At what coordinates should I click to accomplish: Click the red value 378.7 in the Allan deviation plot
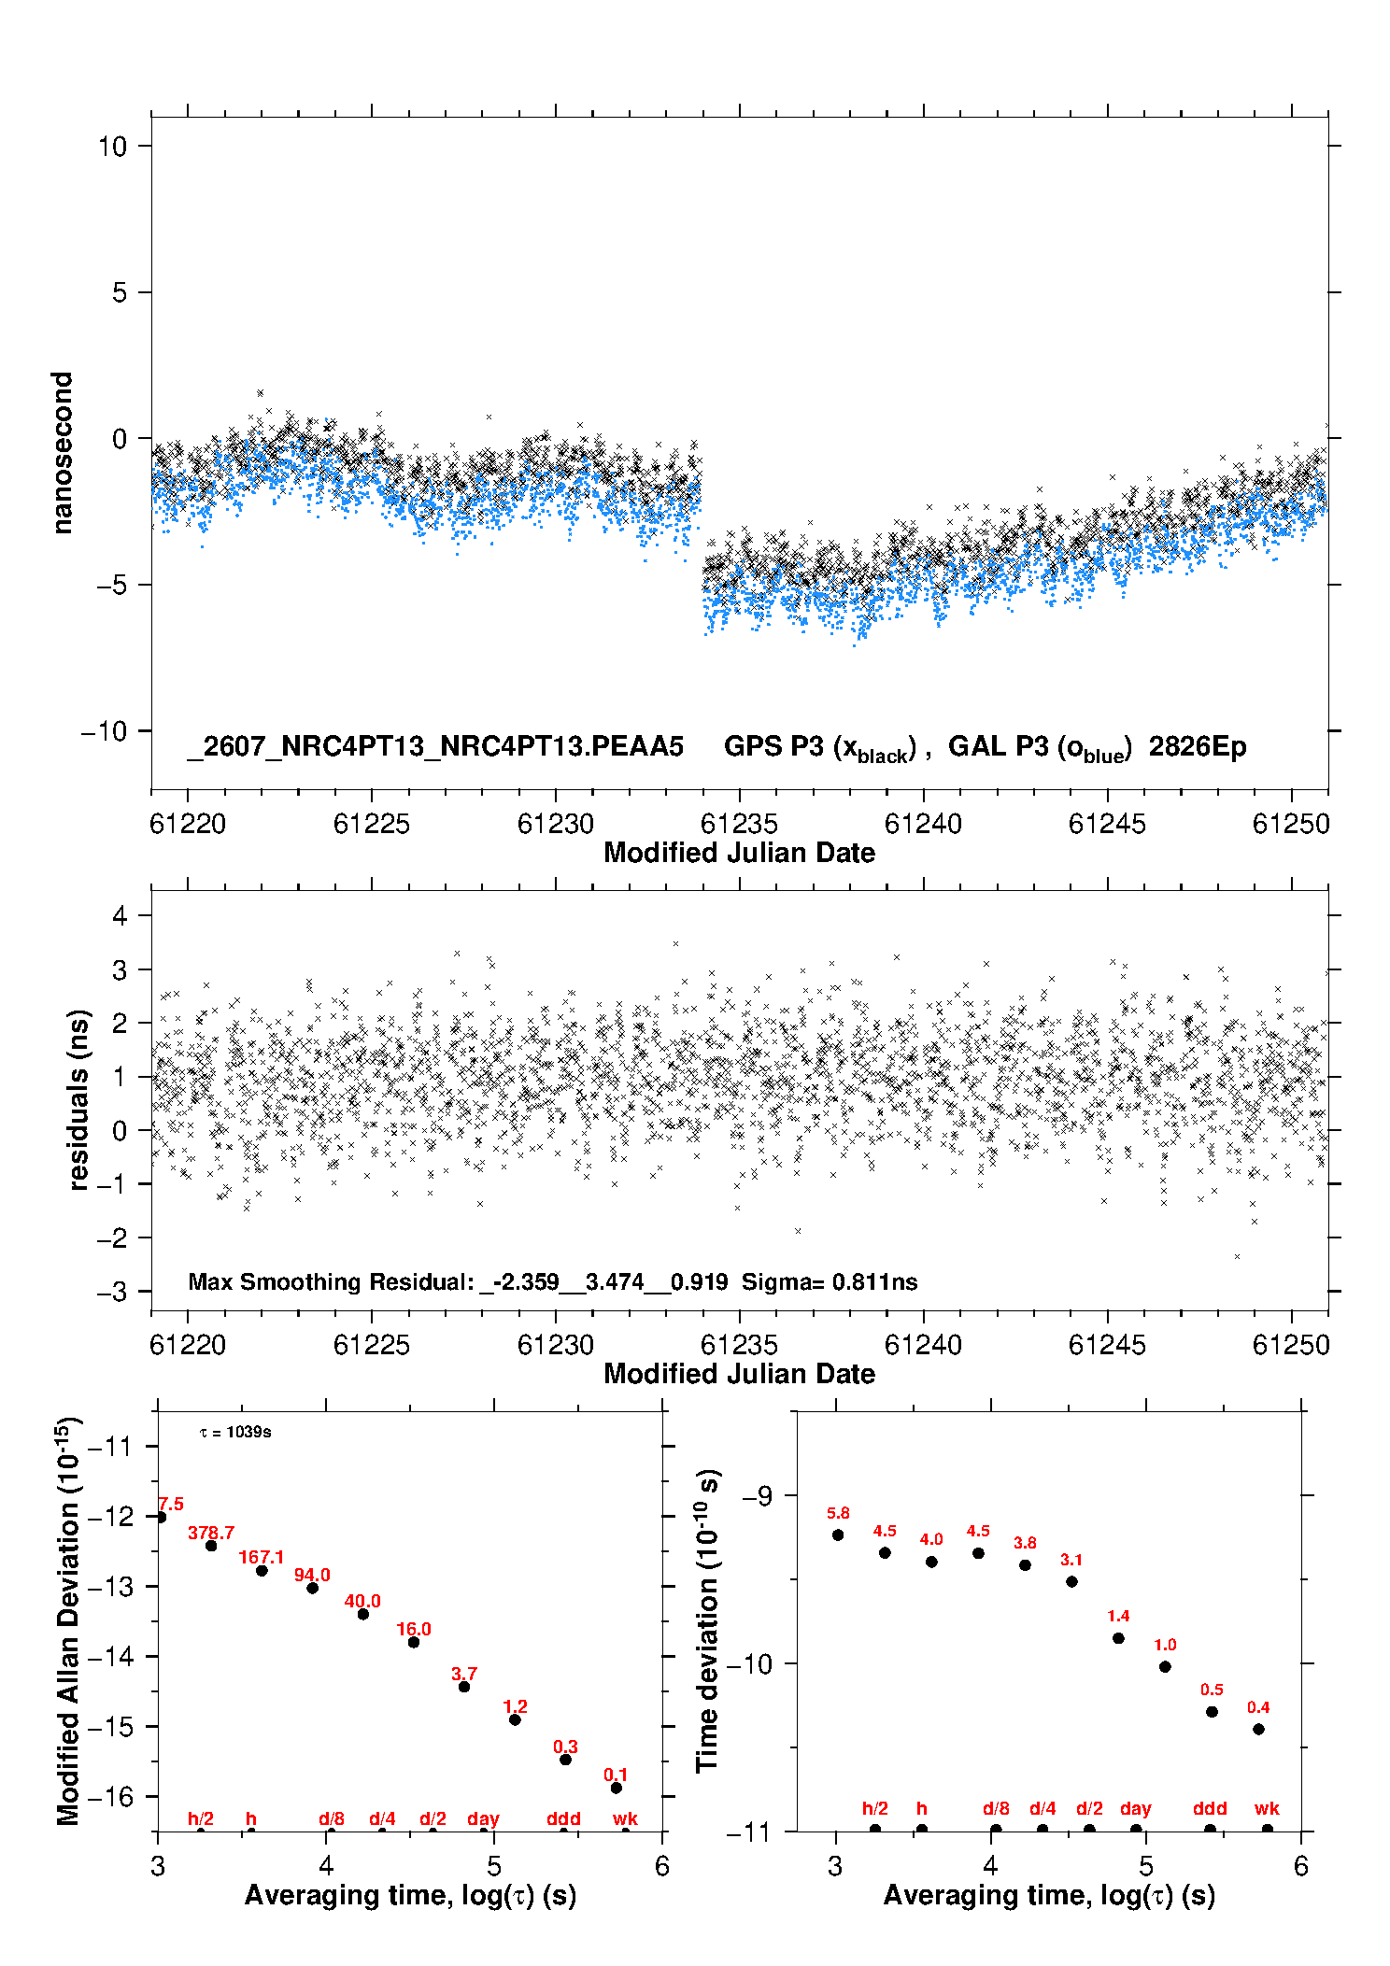pos(211,1533)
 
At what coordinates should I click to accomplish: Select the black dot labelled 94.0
pos(313,1588)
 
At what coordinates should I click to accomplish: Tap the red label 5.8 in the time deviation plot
pos(838,1513)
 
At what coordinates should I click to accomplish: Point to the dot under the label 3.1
pos(1071,1581)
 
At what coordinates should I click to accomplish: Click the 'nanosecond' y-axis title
pos(62,453)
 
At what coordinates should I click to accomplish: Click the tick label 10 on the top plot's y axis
pos(113,147)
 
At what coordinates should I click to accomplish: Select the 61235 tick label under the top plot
pos(739,824)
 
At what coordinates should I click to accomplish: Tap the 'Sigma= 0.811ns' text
pos(830,1281)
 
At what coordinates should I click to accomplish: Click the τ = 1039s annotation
pos(235,1432)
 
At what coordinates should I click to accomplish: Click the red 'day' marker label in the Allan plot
pos(483,1818)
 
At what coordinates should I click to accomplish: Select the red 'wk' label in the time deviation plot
pos(1267,1808)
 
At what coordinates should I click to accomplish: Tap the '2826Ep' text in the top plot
pos(1198,747)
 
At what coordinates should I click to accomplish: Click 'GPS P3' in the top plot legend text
pos(774,747)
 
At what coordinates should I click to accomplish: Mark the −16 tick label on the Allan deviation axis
pos(110,1796)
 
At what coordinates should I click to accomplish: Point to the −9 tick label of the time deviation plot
pos(757,1495)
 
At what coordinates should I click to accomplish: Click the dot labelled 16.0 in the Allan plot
pos(414,1642)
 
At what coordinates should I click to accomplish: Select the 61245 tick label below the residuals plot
pos(1107,1345)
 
